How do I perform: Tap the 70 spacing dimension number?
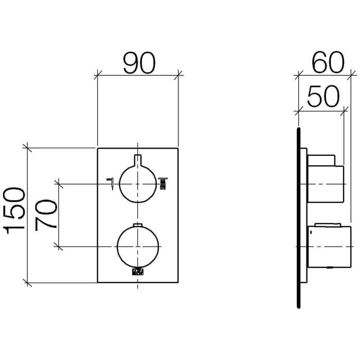click(45, 215)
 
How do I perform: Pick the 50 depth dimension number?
click(323, 95)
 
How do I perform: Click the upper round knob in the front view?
click(138, 183)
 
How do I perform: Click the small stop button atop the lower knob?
click(138, 225)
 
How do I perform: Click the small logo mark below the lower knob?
click(138, 271)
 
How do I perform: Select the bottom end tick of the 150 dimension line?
click(28, 282)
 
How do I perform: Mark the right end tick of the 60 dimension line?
click(351, 76)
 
